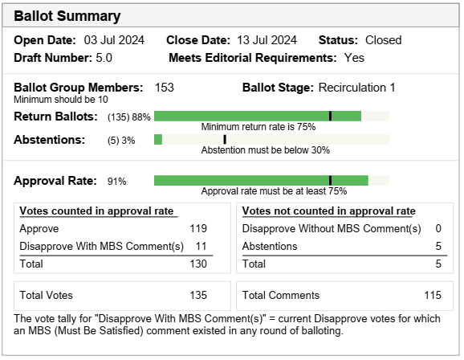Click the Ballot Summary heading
click(67, 16)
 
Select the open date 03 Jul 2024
click(114, 40)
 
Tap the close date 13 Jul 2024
click(267, 40)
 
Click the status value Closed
click(384, 40)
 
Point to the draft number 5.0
click(104, 58)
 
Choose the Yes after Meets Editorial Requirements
click(354, 58)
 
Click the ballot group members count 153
click(165, 88)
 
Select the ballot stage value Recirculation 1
click(357, 88)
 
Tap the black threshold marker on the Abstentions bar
click(225, 139)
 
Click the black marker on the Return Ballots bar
click(330, 117)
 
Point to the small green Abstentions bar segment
click(158, 139)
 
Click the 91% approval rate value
click(117, 182)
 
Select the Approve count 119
click(198, 229)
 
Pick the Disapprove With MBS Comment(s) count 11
click(201, 247)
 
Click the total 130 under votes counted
click(198, 264)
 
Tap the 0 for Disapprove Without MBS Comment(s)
click(438, 229)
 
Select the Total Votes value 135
click(198, 296)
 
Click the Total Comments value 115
click(433, 296)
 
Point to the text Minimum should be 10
click(61, 100)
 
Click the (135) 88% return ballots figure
click(129, 117)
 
